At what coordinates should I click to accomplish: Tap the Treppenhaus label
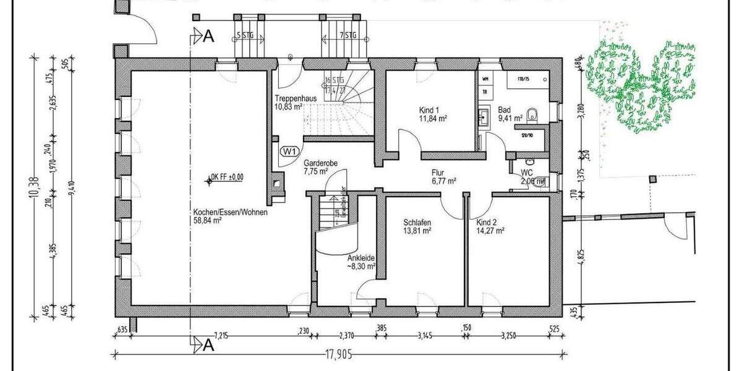pyautogui.click(x=292, y=98)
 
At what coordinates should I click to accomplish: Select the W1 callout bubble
pyautogui.click(x=289, y=151)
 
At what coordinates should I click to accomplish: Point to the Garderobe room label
pyautogui.click(x=319, y=164)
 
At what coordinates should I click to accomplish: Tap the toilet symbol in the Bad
pyautogui.click(x=535, y=114)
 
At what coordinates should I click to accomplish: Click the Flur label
pyautogui.click(x=438, y=173)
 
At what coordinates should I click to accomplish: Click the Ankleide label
pyautogui.click(x=362, y=259)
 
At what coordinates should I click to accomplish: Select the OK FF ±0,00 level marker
pyautogui.click(x=227, y=176)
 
